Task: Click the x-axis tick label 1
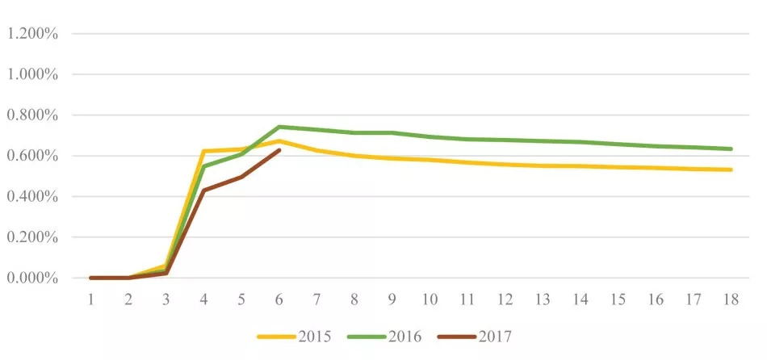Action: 91,299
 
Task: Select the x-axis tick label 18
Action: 731,299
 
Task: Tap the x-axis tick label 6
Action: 279,299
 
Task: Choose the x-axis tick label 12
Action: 505,299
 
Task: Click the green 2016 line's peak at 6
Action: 279,127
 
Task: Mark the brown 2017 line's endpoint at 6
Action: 279,150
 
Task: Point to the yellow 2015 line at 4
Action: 204,151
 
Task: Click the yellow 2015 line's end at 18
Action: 731,170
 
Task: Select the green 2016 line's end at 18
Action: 731,149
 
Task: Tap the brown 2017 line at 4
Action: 204,190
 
